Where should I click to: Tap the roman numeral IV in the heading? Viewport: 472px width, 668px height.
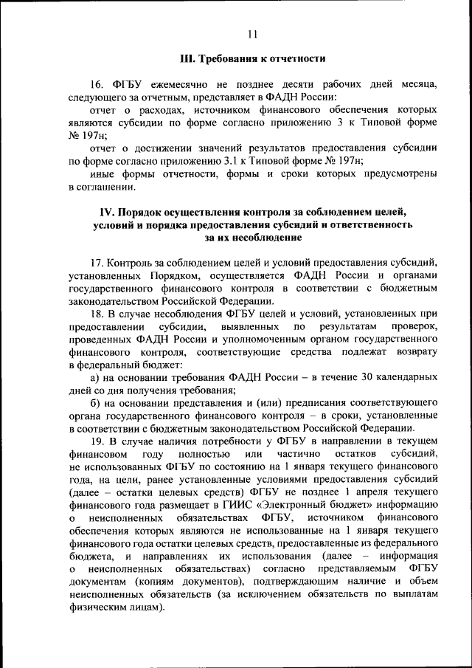point(108,213)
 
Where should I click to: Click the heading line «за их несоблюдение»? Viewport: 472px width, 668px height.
point(253,238)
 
